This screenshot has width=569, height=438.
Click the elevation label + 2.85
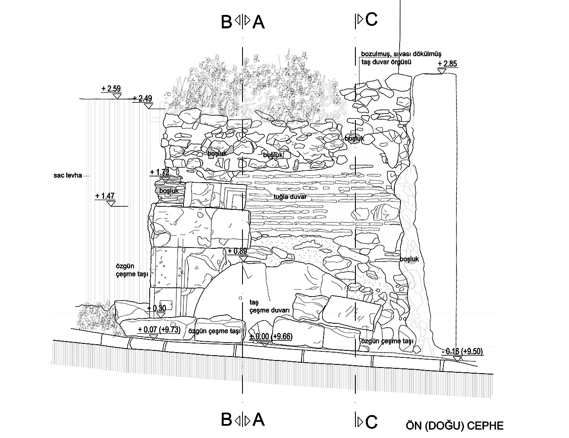[447, 64]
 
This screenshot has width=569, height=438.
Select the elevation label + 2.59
[111, 89]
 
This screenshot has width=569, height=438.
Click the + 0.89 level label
[237, 251]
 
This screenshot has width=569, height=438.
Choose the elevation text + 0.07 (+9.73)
[159, 330]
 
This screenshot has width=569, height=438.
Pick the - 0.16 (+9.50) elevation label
[462, 351]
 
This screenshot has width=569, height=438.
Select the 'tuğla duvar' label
[289, 197]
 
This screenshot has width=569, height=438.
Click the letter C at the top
[371, 20]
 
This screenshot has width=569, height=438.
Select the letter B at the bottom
[226, 420]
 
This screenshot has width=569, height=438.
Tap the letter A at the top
[259, 21]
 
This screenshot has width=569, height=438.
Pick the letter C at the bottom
[371, 421]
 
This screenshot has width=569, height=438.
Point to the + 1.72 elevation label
[159, 172]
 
